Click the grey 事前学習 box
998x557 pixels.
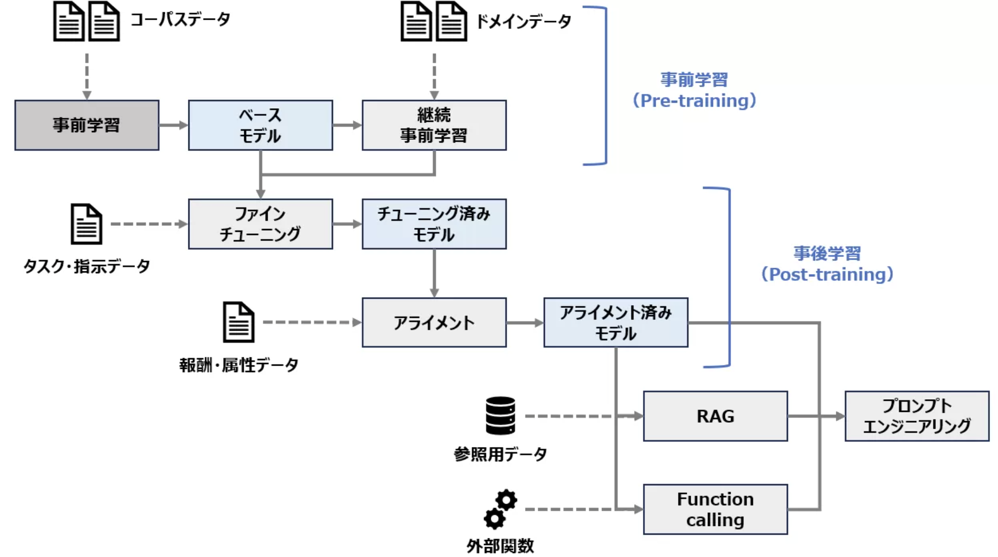87,125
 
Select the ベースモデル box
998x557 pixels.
260,125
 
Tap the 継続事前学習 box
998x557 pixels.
434,125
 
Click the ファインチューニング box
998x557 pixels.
260,224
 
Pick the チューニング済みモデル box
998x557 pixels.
434,224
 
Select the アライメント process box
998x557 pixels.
434,323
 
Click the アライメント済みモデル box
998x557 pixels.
615,323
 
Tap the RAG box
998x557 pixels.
715,416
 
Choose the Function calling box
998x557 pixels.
715,509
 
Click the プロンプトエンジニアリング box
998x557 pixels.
916,416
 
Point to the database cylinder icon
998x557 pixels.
500,416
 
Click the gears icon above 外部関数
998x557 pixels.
500,509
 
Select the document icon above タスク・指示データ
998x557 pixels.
87,224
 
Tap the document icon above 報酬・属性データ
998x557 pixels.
238,322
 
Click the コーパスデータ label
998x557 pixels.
180,20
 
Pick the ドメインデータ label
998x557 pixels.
523,22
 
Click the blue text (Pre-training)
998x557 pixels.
694,101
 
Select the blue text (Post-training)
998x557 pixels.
827,274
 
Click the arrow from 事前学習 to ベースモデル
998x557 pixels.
173,125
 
